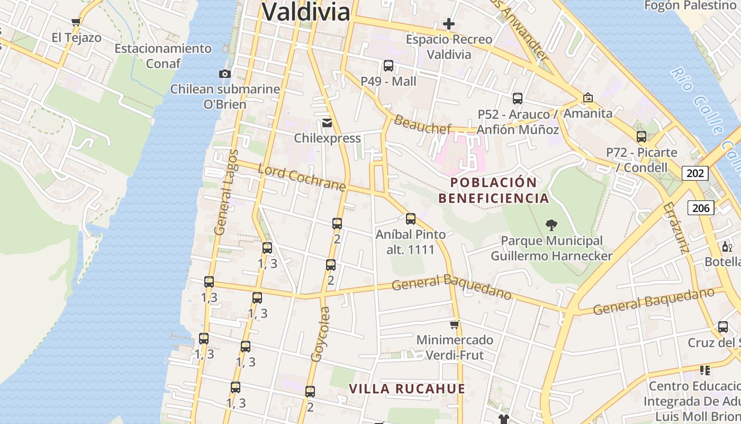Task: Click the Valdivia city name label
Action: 306,12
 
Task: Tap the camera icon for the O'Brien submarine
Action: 225,74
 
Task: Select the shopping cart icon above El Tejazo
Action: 76,22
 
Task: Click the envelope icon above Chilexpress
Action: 327,123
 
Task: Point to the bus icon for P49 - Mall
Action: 388,66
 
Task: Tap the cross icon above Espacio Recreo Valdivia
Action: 449,24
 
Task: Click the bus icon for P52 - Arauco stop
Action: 518,99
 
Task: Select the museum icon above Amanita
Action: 588,98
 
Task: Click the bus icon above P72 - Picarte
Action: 641,137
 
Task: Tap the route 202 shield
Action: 695,173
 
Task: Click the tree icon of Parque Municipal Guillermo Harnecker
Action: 551,225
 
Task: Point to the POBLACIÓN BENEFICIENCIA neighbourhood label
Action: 493,190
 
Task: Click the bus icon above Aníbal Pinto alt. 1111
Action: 411,219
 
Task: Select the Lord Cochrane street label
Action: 302,178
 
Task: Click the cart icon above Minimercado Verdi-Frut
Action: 454,324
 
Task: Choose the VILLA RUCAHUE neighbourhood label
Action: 406,388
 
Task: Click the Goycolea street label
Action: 320,334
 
